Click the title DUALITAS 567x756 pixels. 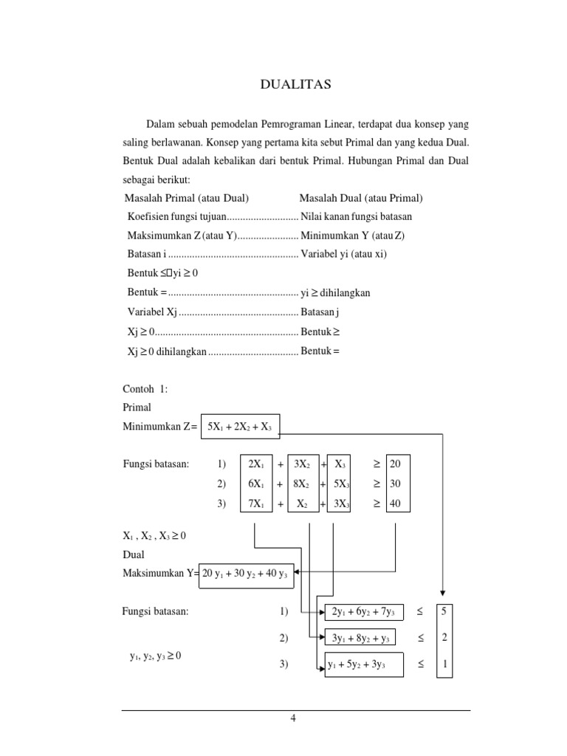click(x=296, y=85)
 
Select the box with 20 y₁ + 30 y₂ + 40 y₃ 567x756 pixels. click(x=247, y=574)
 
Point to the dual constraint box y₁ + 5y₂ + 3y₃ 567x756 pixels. click(x=362, y=664)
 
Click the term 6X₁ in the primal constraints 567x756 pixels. click(x=255, y=484)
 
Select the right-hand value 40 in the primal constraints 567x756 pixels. click(x=396, y=505)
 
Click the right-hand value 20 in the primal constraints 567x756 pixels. click(x=396, y=464)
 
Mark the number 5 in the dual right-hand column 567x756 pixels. click(x=444, y=612)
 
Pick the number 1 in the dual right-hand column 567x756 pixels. click(x=444, y=664)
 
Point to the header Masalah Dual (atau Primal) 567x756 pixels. click(x=360, y=198)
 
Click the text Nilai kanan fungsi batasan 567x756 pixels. click(x=357, y=216)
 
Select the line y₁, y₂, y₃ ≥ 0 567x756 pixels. click(x=156, y=656)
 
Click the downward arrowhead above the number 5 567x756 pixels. click(x=443, y=592)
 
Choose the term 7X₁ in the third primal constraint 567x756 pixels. click(x=255, y=505)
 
